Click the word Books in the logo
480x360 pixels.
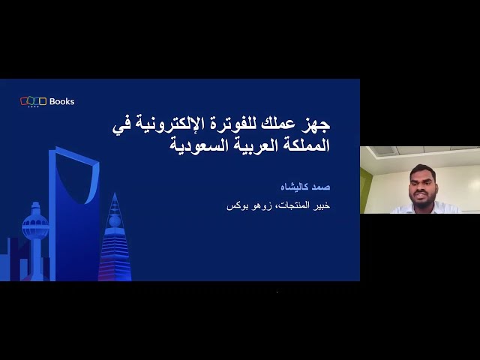tap(61, 101)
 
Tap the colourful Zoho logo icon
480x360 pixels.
tap(33, 101)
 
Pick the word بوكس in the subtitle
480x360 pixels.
tap(236, 205)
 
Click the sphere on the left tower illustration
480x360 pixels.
tap(34, 225)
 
